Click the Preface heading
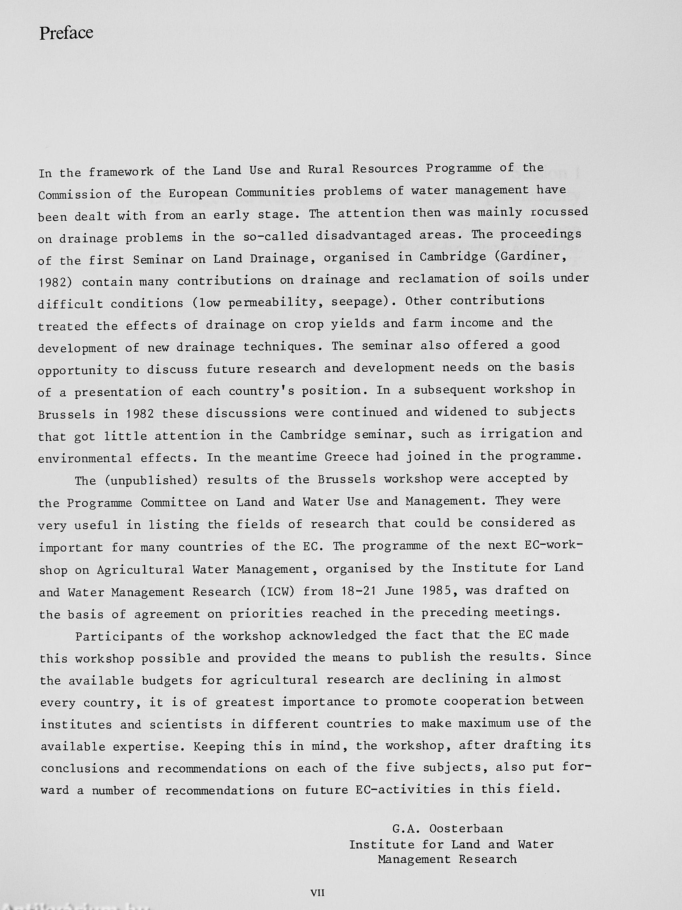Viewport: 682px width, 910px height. (x=66, y=33)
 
